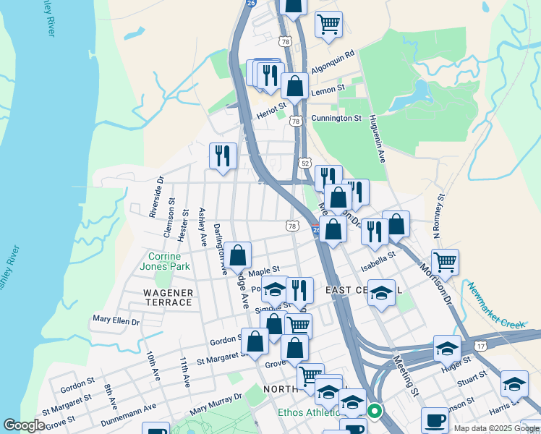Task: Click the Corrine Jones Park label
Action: coord(169,261)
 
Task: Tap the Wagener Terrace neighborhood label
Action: coord(168,297)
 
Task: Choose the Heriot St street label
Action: coord(272,114)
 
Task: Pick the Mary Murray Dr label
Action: coord(216,405)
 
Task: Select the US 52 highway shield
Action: coord(307,163)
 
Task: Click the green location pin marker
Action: coord(374,412)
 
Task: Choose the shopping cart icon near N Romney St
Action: coord(445,263)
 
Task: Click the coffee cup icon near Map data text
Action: coord(435,420)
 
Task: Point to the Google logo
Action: coord(25,425)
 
